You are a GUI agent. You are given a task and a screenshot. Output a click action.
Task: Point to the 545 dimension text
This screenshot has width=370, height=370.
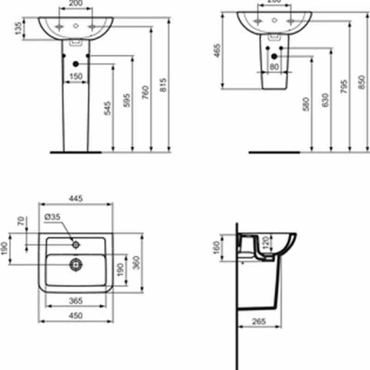[x=107, y=108]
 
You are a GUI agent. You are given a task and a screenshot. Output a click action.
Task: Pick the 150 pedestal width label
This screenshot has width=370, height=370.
[x=76, y=76]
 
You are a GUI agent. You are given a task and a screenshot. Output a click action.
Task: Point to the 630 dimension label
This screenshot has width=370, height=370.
[x=325, y=99]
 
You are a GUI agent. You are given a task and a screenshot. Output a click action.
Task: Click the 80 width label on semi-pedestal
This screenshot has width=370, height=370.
[x=274, y=66]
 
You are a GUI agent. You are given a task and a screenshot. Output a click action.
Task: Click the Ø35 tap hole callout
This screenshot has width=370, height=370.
[x=52, y=216]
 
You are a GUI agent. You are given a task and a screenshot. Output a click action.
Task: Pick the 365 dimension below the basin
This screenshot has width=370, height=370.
[x=75, y=301]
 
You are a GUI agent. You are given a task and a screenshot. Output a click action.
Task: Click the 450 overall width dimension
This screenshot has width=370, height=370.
[x=75, y=315]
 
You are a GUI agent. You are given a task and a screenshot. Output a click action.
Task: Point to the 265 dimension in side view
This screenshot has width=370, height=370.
[x=259, y=321]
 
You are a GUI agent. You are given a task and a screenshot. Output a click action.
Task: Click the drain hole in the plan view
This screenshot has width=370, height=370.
[x=75, y=264]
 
